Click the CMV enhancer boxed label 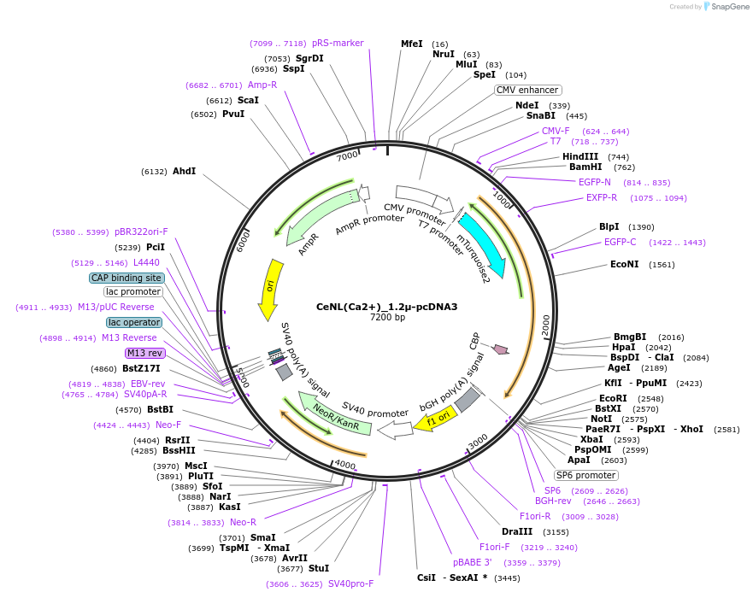point(528,90)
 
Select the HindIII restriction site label point(580,156)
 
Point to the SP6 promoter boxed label point(585,475)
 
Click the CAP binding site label point(126,278)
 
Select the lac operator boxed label point(134,322)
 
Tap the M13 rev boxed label point(144,353)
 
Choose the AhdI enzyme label point(184,171)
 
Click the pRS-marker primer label point(338,43)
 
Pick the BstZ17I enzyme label point(141,368)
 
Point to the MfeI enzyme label point(412,44)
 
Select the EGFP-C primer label point(620,242)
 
